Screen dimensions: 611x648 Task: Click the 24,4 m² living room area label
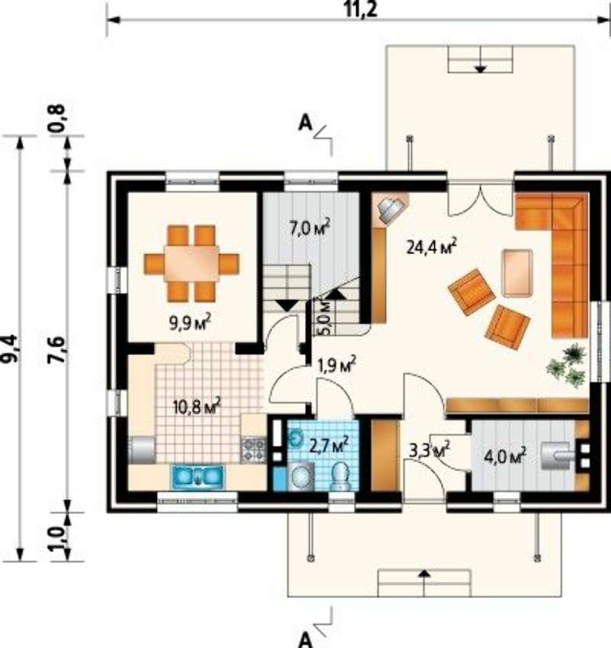tap(432, 246)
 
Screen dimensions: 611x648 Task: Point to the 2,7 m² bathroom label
tap(329, 444)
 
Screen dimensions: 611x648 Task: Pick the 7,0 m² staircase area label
tap(310, 228)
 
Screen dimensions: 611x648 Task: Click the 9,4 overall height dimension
tap(10, 348)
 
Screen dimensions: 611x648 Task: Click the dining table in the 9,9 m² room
tap(192, 264)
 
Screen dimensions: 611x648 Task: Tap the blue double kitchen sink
tap(198, 474)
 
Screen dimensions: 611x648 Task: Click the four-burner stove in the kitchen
tap(253, 450)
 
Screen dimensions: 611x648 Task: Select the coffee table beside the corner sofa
tap(517, 273)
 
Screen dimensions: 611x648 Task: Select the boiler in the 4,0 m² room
tap(557, 456)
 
